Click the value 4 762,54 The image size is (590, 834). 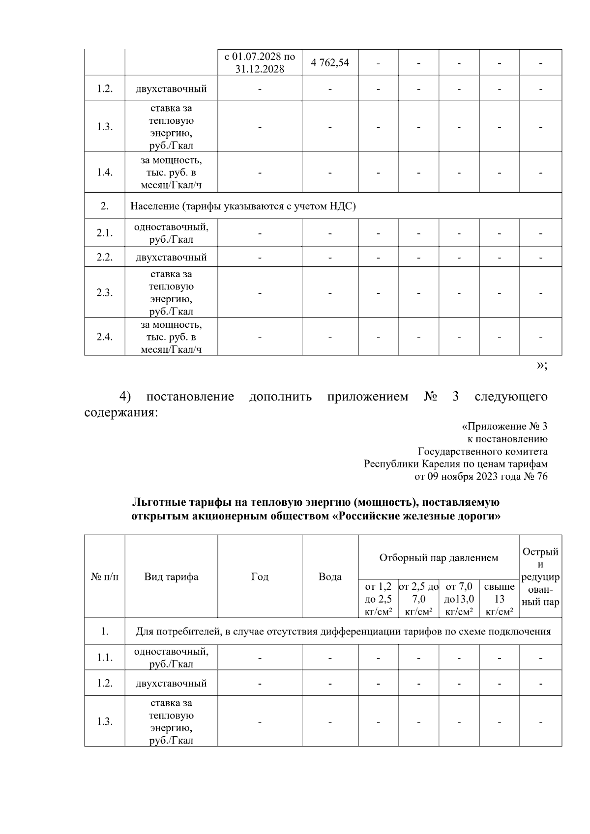(330, 62)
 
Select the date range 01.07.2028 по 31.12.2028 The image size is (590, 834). (260, 62)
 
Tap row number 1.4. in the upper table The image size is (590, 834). (105, 173)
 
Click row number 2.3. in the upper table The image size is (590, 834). (105, 292)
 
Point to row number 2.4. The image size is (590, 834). (105, 337)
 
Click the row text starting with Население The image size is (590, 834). (243, 206)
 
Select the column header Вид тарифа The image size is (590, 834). (171, 576)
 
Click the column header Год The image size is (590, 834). (260, 576)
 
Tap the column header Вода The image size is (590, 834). (330, 576)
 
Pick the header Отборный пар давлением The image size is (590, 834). (439, 558)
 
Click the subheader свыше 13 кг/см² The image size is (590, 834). (499, 599)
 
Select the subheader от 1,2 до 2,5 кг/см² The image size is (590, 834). (378, 599)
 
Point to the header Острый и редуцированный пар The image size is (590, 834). (540, 576)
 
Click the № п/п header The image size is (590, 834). (105, 576)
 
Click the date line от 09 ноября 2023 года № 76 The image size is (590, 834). (481, 476)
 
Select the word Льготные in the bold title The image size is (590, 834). (157, 503)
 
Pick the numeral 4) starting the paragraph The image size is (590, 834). (125, 397)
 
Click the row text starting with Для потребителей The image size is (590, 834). (343, 632)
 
